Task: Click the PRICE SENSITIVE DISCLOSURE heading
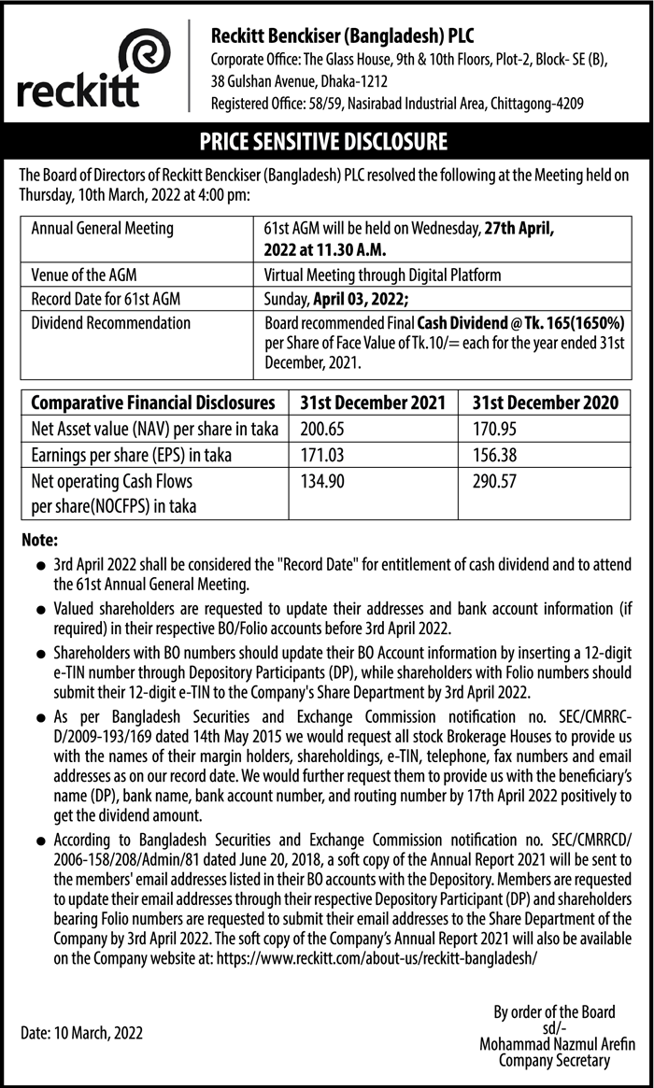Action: click(x=323, y=143)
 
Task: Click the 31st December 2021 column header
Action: click(x=371, y=403)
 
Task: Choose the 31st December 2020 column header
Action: click(x=545, y=403)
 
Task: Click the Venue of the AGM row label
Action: click(x=84, y=276)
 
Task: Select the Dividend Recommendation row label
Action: click(x=110, y=323)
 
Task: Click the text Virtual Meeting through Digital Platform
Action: click(x=383, y=276)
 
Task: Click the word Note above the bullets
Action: click(x=39, y=541)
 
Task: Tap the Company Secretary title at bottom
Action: click(x=554, y=1060)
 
